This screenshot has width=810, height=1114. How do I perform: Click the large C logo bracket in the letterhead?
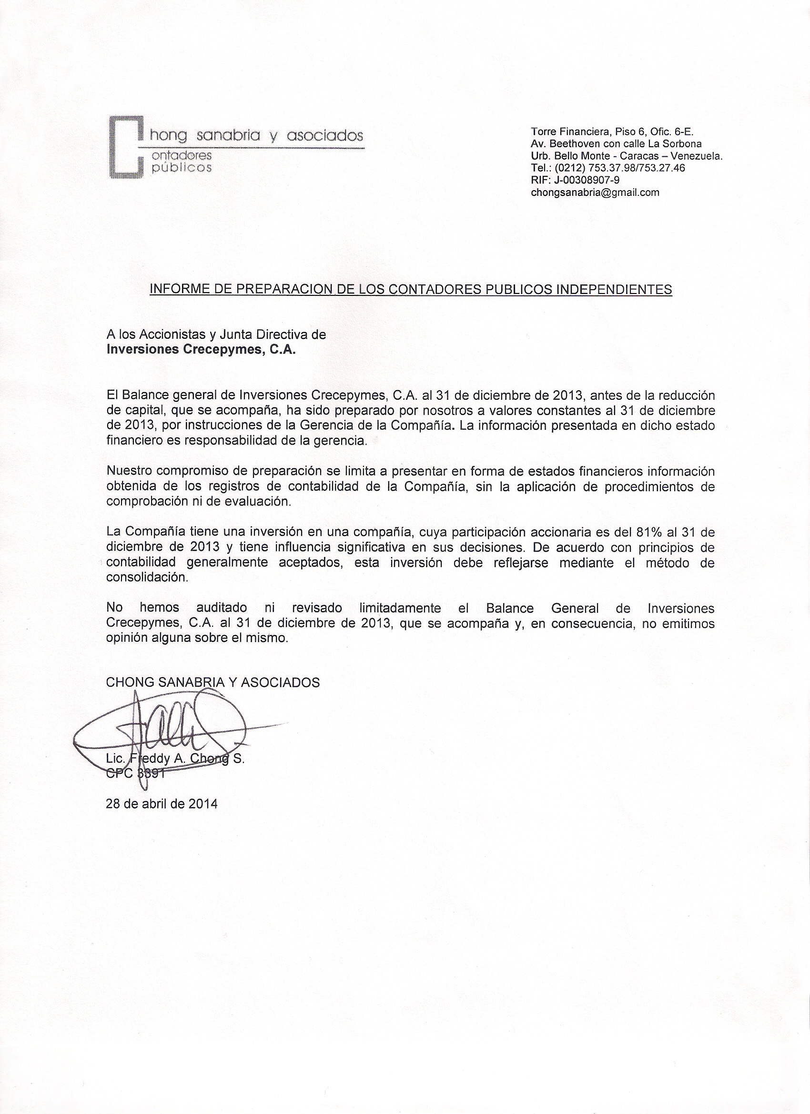pyautogui.click(x=125, y=146)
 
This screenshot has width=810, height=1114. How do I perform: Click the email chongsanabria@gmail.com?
pyautogui.click(x=595, y=192)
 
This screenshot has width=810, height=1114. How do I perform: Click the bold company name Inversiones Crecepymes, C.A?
pyautogui.click(x=202, y=350)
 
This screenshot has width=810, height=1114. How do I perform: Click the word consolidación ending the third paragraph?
pyautogui.click(x=147, y=577)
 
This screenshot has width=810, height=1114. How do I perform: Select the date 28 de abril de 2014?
pyautogui.click(x=162, y=804)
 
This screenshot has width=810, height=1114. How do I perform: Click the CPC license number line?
pyautogui.click(x=134, y=773)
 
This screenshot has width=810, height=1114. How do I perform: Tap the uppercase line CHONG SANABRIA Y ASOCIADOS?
pyautogui.click(x=213, y=682)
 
